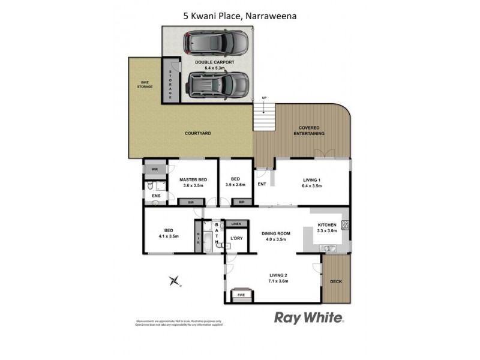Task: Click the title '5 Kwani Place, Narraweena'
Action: pyautogui.click(x=240, y=16)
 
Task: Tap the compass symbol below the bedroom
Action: pyautogui.click(x=175, y=280)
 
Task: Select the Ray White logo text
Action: pyautogui.click(x=309, y=317)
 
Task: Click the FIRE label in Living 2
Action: pyautogui.click(x=242, y=295)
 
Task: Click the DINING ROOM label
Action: pyautogui.click(x=275, y=233)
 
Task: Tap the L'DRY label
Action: pyautogui.click(x=236, y=239)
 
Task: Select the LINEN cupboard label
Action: pyautogui.click(x=236, y=224)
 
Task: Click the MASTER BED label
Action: pyautogui.click(x=194, y=179)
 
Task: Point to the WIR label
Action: pyautogui.click(x=154, y=170)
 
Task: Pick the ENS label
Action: pyautogui.click(x=156, y=196)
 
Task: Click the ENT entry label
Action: pyautogui.click(x=262, y=185)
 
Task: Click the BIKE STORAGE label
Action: pyautogui.click(x=144, y=85)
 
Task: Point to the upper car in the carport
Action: pyautogui.click(x=214, y=42)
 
